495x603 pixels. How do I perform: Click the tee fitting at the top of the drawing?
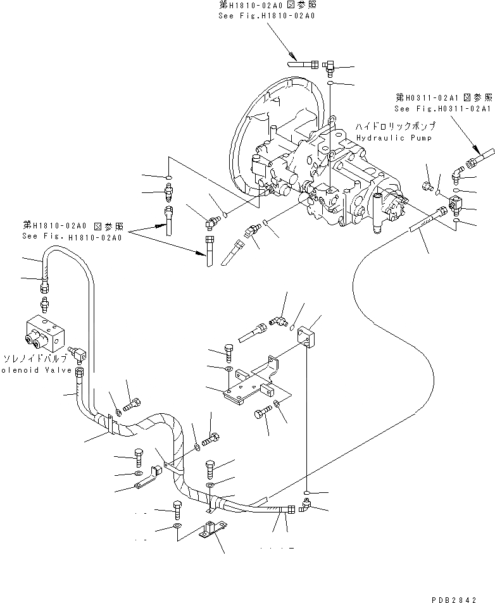point(330,66)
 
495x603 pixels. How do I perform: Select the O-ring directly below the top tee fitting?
point(331,83)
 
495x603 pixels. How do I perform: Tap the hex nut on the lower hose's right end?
point(290,509)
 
